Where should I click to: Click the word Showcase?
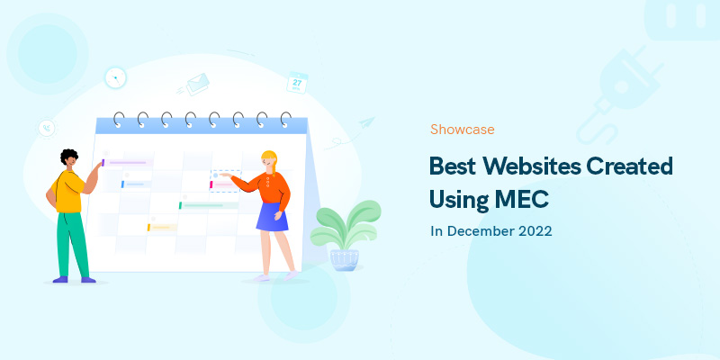(462, 130)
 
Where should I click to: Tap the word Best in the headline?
(453, 166)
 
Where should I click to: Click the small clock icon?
(115, 77)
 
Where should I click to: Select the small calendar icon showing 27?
(298, 83)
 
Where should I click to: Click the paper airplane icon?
(365, 122)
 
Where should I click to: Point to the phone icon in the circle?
(45, 129)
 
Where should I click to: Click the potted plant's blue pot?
(344, 259)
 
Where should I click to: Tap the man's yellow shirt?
(69, 191)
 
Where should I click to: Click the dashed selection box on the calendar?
(226, 180)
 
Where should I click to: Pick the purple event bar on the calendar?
(127, 163)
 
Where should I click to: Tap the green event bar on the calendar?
(202, 205)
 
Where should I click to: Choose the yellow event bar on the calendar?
(162, 227)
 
